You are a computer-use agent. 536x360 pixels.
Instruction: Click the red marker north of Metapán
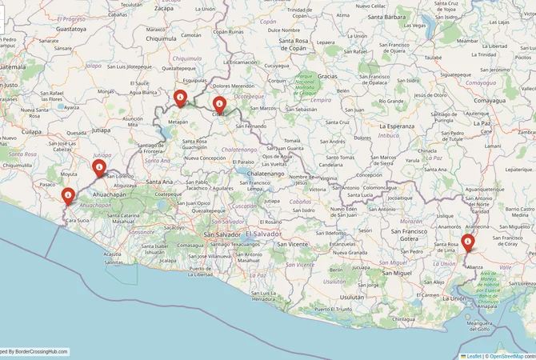click(181, 98)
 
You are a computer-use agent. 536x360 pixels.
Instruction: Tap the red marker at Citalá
click(218, 102)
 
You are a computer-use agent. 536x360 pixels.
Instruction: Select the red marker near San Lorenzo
click(99, 167)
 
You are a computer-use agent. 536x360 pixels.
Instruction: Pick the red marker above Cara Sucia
click(69, 194)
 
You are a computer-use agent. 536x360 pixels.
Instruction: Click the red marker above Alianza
click(468, 242)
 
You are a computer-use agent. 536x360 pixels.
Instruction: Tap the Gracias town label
click(328, 75)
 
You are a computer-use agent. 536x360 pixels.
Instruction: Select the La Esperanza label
click(397, 126)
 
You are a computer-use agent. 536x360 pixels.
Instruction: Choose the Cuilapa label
click(30, 129)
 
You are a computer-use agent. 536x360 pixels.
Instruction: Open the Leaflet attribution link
click(474, 355)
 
